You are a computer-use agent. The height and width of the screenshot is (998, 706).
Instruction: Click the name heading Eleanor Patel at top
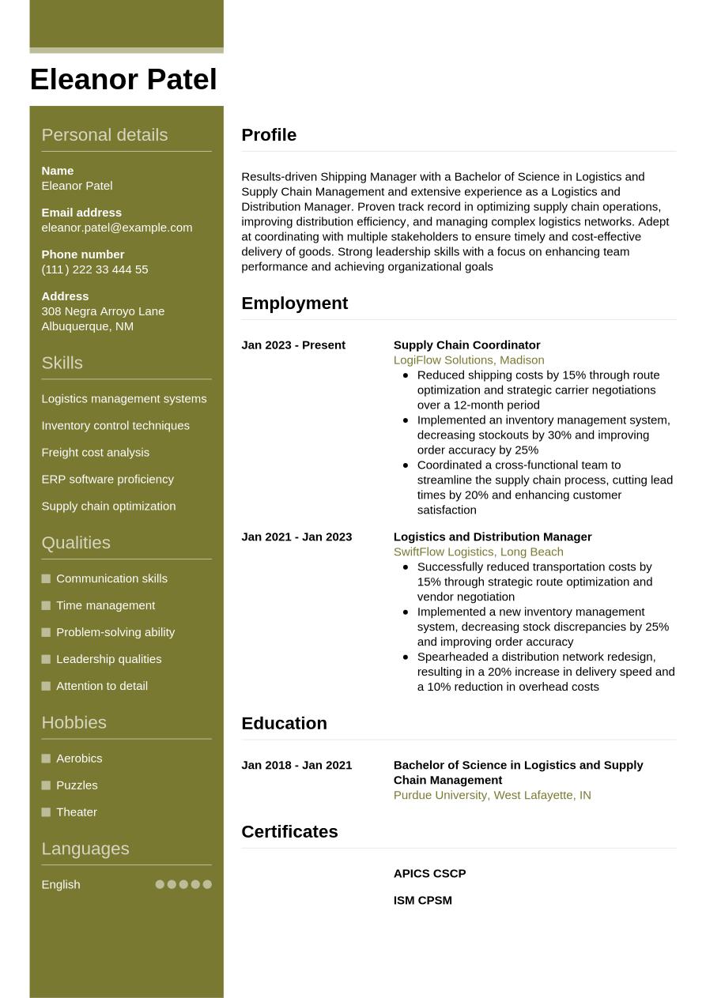point(123,80)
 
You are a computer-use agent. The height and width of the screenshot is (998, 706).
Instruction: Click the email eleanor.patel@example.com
point(116,228)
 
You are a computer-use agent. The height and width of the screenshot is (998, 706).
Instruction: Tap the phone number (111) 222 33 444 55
point(94,269)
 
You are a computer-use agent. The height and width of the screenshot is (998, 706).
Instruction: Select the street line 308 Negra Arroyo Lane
point(103,311)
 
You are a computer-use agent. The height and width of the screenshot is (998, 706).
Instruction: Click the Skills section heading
point(62,363)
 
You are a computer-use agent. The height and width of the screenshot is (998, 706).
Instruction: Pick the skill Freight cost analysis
point(95,453)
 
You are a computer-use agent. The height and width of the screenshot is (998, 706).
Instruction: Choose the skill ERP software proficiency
point(107,480)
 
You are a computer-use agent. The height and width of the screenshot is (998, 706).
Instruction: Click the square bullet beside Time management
point(46,605)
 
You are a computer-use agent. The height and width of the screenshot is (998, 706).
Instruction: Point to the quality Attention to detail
point(101,686)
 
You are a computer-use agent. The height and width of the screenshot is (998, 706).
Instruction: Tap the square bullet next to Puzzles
point(46,785)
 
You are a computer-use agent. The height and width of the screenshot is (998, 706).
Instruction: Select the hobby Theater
point(76,812)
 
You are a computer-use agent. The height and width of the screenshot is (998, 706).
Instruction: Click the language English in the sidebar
point(60,885)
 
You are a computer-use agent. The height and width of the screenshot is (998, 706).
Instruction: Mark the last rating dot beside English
point(207,885)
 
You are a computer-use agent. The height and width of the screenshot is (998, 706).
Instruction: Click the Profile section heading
point(269,135)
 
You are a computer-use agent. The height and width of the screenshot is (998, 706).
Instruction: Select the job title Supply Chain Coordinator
point(466,345)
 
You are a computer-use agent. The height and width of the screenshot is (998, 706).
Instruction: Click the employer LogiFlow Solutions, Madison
point(468,360)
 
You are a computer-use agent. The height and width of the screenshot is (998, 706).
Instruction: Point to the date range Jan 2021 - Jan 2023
point(296,537)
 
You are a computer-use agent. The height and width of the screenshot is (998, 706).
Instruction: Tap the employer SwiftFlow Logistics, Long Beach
point(478,552)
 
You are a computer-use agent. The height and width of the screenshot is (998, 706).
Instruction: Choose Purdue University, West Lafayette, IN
point(492,796)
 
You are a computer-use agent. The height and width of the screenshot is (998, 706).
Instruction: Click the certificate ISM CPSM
point(422,901)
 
